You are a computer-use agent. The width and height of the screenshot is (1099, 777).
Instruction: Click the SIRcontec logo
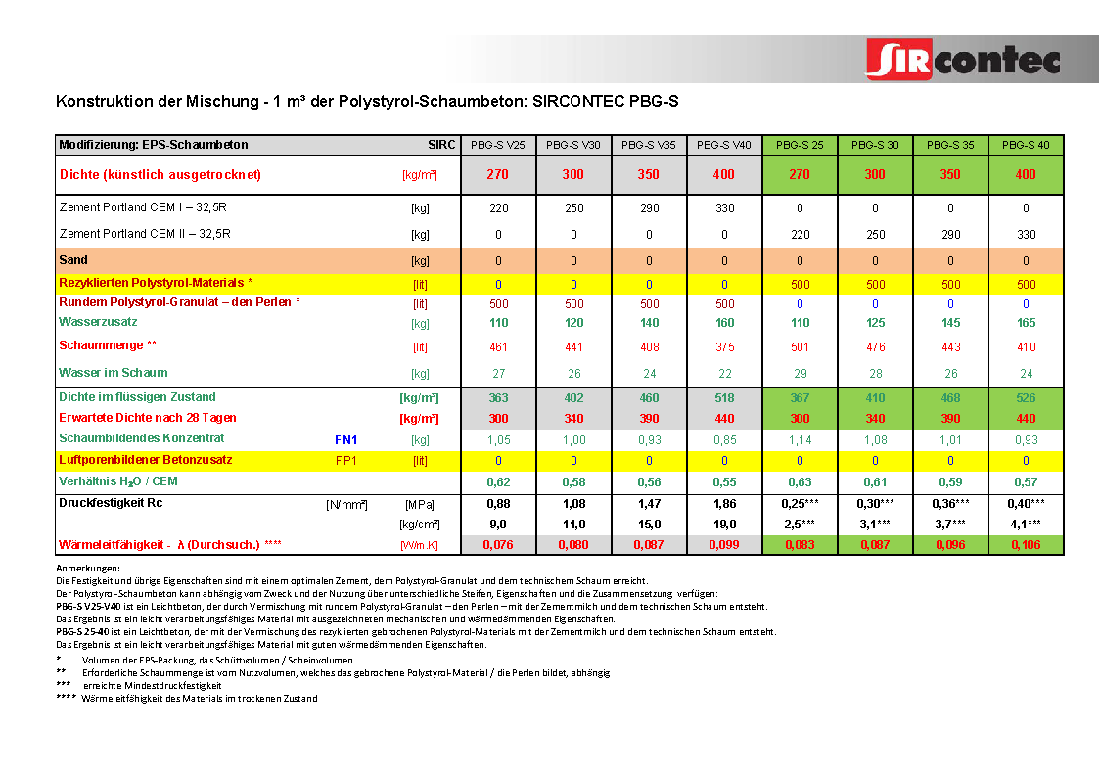click(x=963, y=59)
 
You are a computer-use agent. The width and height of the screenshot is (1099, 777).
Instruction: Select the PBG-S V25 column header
click(x=498, y=145)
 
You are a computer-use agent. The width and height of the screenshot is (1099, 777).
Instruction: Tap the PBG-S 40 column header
click(x=1026, y=145)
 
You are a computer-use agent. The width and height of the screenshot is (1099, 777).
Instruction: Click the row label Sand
click(x=73, y=260)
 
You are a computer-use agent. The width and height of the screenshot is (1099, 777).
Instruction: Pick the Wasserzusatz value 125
click(x=875, y=322)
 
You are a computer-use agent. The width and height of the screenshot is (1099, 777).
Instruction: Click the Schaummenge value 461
click(x=498, y=346)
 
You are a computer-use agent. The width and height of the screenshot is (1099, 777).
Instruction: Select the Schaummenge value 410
click(x=1026, y=346)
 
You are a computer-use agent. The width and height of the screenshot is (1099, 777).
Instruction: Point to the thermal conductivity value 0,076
click(x=498, y=544)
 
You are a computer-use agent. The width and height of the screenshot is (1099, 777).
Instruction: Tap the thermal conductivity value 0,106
click(x=1026, y=544)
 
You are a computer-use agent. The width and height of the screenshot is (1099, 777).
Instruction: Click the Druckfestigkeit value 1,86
click(x=724, y=503)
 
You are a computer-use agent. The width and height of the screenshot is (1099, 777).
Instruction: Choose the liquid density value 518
click(x=724, y=397)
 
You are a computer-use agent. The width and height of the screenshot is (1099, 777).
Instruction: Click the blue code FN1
click(x=346, y=440)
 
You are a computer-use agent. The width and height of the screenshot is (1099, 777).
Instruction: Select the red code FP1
click(x=346, y=460)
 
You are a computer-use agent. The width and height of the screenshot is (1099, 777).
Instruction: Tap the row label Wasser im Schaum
click(x=114, y=373)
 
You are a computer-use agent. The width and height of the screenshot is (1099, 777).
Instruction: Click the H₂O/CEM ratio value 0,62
click(x=498, y=481)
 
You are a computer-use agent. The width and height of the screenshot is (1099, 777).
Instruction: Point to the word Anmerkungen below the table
click(x=88, y=569)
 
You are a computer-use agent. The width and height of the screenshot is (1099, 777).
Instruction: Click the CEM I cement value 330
click(x=724, y=208)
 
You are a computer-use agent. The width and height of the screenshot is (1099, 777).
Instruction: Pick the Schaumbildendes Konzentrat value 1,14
click(x=800, y=440)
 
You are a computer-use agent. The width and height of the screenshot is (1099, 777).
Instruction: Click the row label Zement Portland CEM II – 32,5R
click(x=145, y=234)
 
